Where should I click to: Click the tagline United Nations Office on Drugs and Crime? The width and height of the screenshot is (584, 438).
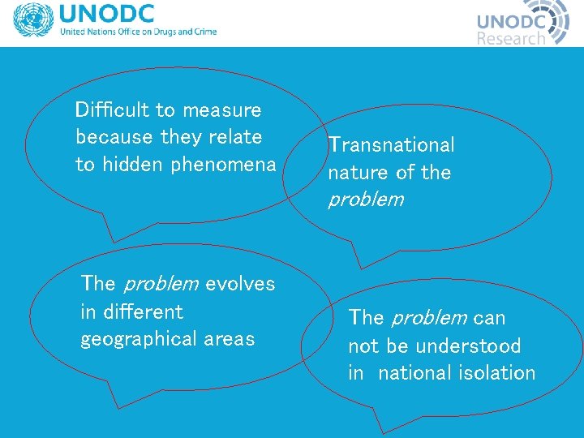[138, 32]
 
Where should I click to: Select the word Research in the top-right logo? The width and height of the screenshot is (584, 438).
[511, 38]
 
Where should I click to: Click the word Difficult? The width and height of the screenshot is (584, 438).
[110, 109]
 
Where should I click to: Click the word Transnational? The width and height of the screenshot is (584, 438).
[391, 145]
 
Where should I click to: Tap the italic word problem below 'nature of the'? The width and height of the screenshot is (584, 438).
[365, 200]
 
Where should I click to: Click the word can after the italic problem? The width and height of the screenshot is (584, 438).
[489, 318]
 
